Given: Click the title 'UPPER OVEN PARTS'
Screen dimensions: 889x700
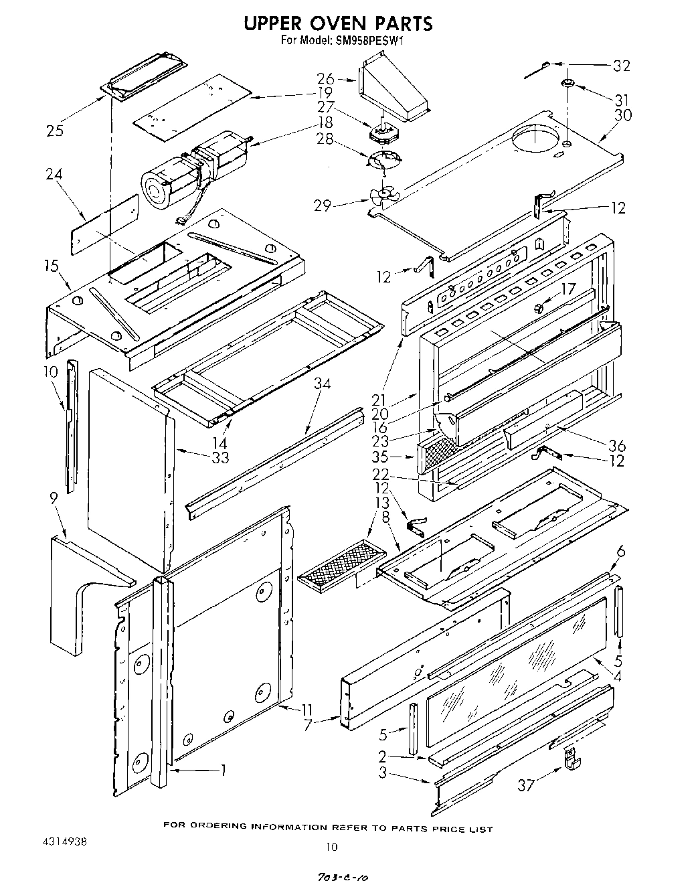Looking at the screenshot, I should [337, 23].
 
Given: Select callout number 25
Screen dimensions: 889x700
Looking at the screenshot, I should [56, 131].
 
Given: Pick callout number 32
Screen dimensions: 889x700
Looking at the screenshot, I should [622, 66].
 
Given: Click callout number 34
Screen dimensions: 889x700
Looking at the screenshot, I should [323, 384].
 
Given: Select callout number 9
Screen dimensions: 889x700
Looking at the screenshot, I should [54, 498].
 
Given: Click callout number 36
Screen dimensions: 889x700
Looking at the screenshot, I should [616, 445].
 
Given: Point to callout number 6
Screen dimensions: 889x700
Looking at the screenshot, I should [620, 551].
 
